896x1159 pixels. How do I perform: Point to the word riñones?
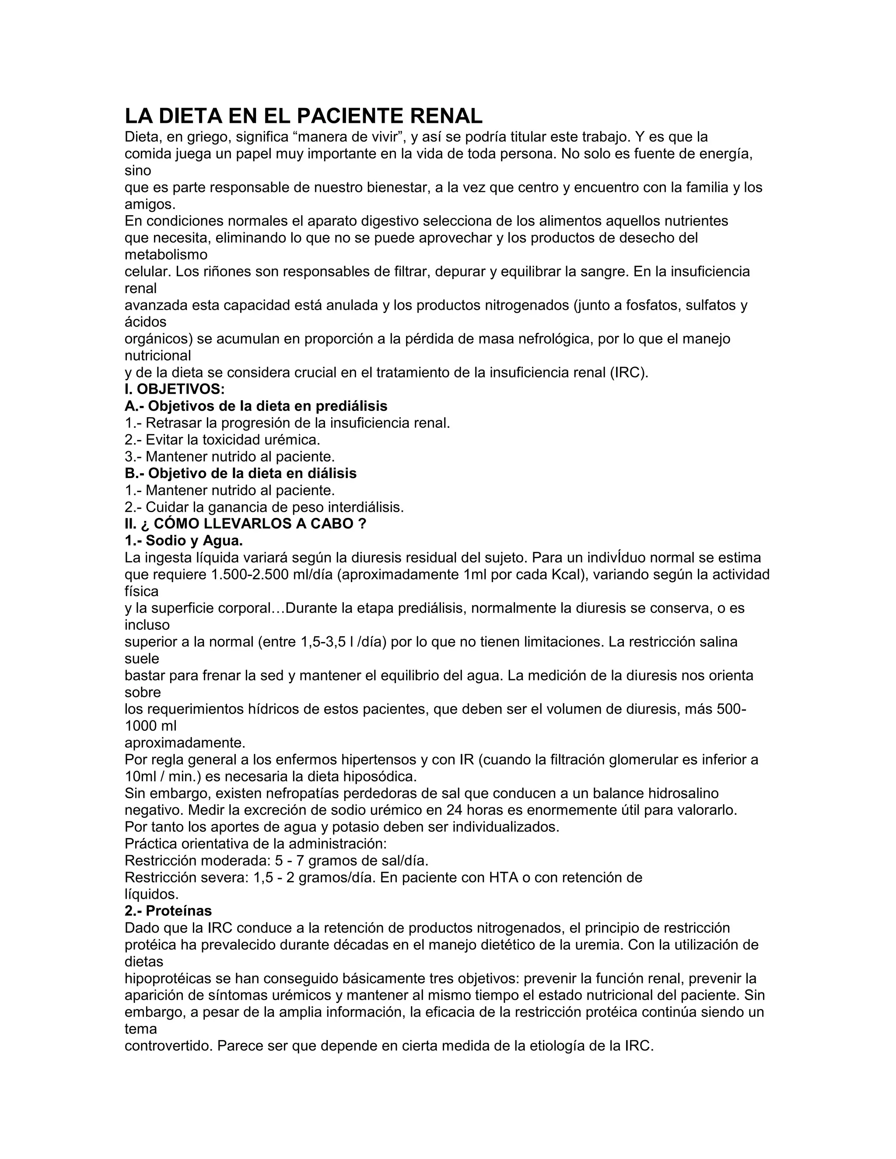(225, 272)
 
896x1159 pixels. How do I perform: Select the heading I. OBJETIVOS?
(175, 389)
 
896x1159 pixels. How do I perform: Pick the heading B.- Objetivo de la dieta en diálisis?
(241, 473)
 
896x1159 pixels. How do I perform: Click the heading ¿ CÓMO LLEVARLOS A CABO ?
(245, 524)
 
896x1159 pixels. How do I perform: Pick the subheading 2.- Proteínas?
(168, 911)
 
